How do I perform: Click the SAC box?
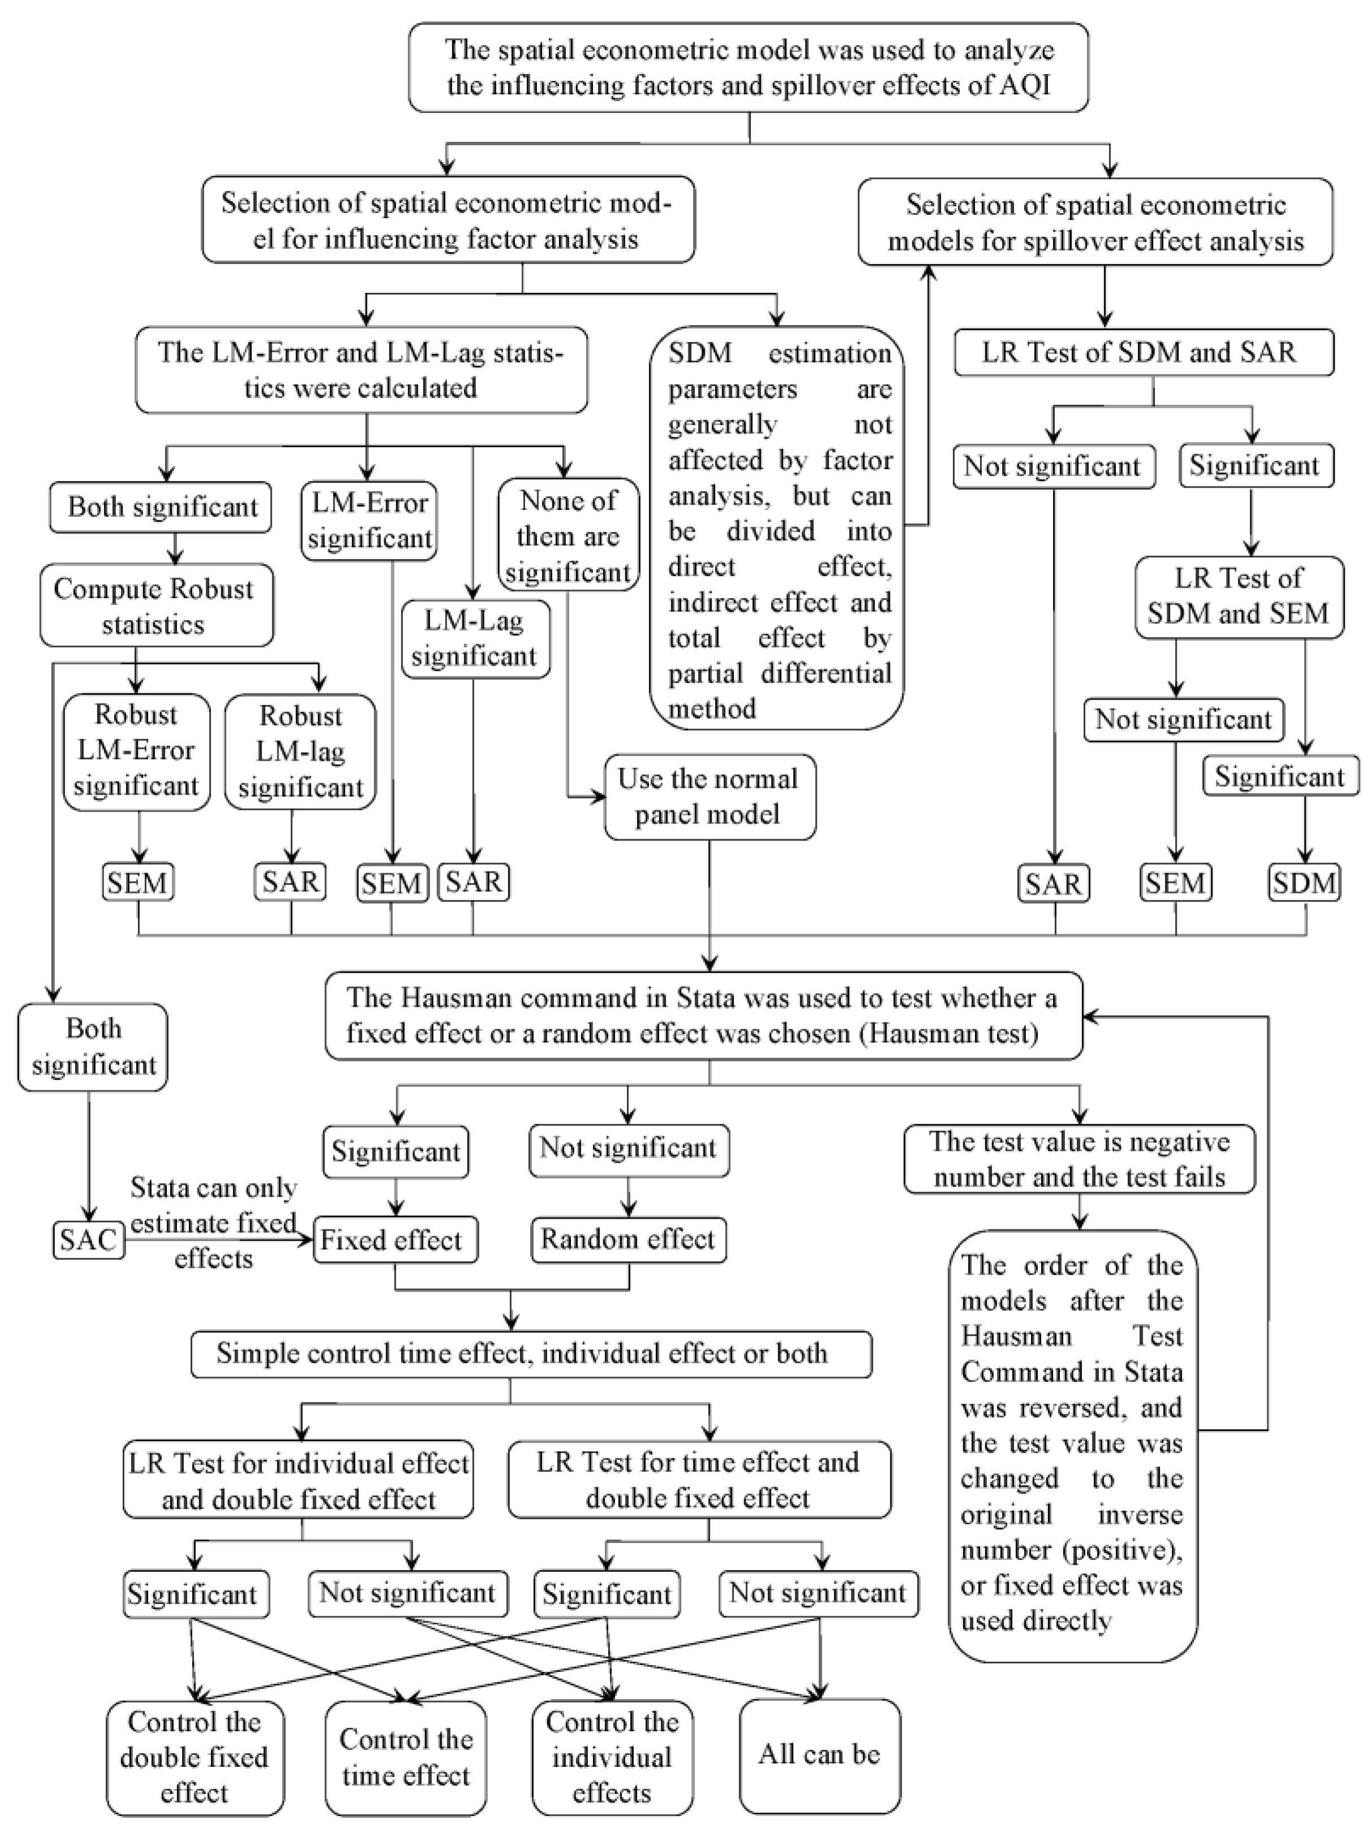[x=89, y=1241]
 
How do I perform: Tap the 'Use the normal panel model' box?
[x=709, y=796]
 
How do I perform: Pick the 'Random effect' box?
[x=628, y=1239]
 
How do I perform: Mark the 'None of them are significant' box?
[x=569, y=535]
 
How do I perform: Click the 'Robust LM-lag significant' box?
[x=301, y=751]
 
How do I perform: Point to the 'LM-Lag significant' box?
[x=475, y=638]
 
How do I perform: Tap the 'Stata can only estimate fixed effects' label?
[x=213, y=1223]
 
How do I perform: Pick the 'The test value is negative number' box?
[x=1079, y=1159]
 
